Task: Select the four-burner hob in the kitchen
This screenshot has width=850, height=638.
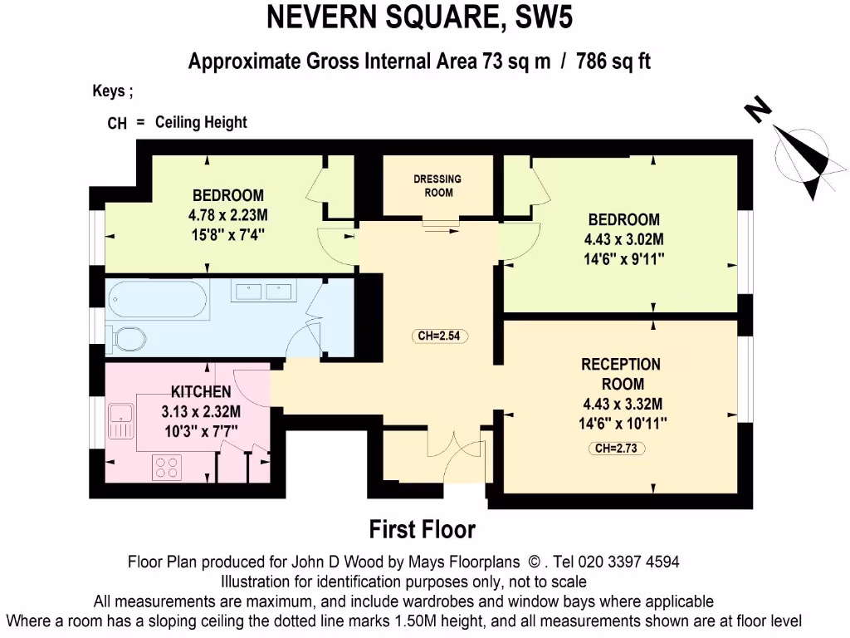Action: click(x=166, y=468)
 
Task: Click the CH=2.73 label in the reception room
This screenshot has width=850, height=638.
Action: click(x=619, y=449)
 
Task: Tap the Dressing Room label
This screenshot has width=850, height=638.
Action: click(x=438, y=185)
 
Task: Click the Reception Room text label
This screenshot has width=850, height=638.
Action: click(x=622, y=374)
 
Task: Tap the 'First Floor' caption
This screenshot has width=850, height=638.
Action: click(x=423, y=529)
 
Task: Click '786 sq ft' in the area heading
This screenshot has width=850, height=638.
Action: click(x=611, y=62)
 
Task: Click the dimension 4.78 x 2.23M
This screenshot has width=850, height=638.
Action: click(x=227, y=215)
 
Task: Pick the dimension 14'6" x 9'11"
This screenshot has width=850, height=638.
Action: click(x=624, y=259)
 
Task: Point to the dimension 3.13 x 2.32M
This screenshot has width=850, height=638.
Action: click(x=201, y=411)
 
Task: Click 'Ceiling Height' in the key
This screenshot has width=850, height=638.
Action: click(x=201, y=122)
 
